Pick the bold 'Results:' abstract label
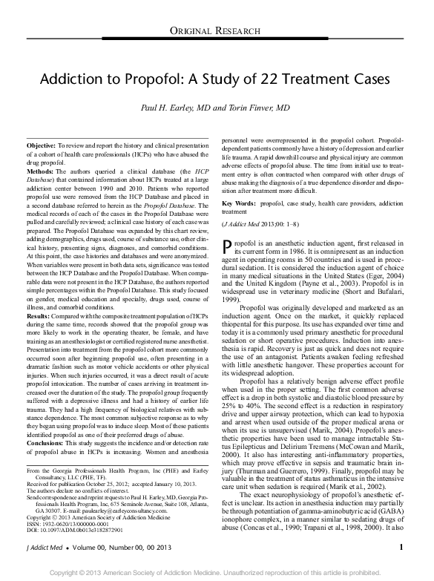click(x=38, y=318)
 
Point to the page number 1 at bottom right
click(x=401, y=548)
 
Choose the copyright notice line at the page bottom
click(x=217, y=572)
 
